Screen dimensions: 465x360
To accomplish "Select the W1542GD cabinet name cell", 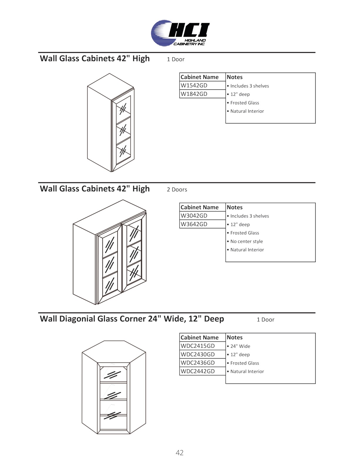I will pyautogui.click(x=194, y=85).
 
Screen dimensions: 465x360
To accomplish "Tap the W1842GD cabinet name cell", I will pyautogui.click(x=194, y=94).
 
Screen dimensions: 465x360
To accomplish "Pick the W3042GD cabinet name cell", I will pyautogui.click(x=194, y=216).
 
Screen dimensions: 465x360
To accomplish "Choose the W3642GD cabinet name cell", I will pyautogui.click(x=194, y=224).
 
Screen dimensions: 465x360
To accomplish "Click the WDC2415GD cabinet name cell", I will pyautogui.click(x=198, y=346).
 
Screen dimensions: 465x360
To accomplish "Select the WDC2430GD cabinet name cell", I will pyautogui.click(x=198, y=354).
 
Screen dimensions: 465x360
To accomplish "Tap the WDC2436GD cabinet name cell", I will pyautogui.click(x=198, y=363).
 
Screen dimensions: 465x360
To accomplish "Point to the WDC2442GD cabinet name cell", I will pyautogui.click(x=198, y=371).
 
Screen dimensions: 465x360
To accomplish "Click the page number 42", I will pyautogui.click(x=180, y=453).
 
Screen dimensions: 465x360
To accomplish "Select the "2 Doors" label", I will pyautogui.click(x=177, y=190).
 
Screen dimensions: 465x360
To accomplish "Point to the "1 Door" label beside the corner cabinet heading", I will pyautogui.click(x=265, y=320).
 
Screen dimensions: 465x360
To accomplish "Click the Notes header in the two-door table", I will pyautogui.click(x=235, y=207).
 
